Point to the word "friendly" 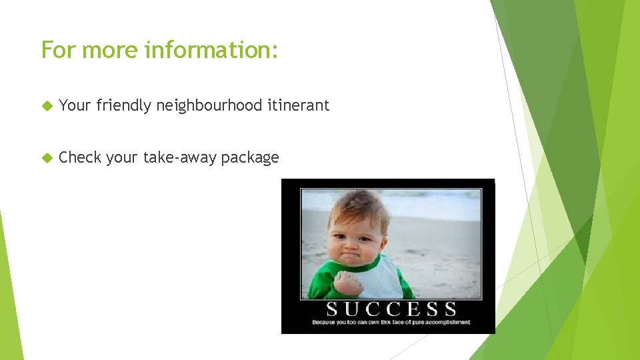pyautogui.click(x=124, y=105)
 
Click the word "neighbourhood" pyautogui.click(x=209, y=105)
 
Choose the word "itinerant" pyautogui.click(x=298, y=105)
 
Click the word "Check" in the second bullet pyautogui.click(x=79, y=158)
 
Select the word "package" pyautogui.click(x=250, y=159)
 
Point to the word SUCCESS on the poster pyautogui.click(x=391, y=309)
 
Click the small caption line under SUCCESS pyautogui.click(x=391, y=323)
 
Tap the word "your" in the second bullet pyautogui.click(x=121, y=159)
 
